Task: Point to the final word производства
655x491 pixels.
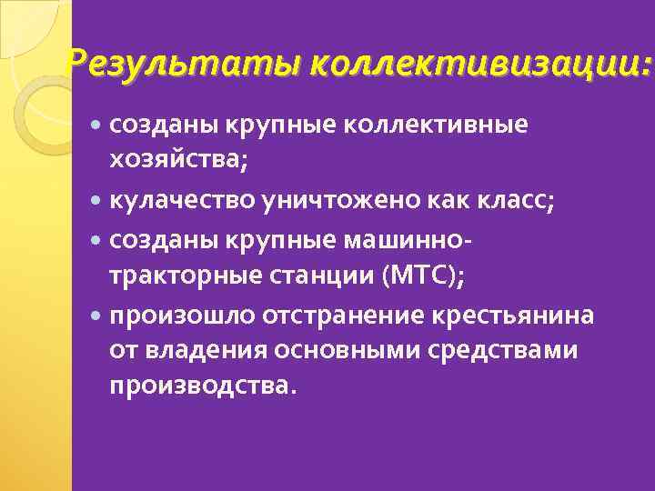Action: point(202,386)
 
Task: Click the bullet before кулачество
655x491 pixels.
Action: point(97,201)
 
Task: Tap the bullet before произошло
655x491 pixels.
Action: point(97,316)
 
